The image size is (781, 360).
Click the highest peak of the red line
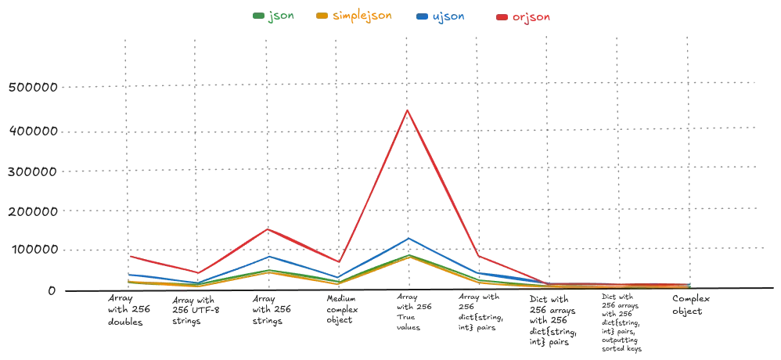[x=407, y=110]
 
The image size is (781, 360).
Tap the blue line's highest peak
[x=407, y=239]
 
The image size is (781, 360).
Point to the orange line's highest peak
[x=407, y=257]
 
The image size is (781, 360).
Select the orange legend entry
[x=351, y=16]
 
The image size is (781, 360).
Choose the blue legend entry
[x=443, y=16]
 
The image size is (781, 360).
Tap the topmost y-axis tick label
[x=36, y=89]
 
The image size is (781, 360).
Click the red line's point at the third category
[x=268, y=229]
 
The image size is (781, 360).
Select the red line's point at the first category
[x=128, y=256]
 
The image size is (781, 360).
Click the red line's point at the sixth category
[x=477, y=257]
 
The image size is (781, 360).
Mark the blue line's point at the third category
[x=268, y=256]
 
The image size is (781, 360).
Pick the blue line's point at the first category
[x=128, y=274]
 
